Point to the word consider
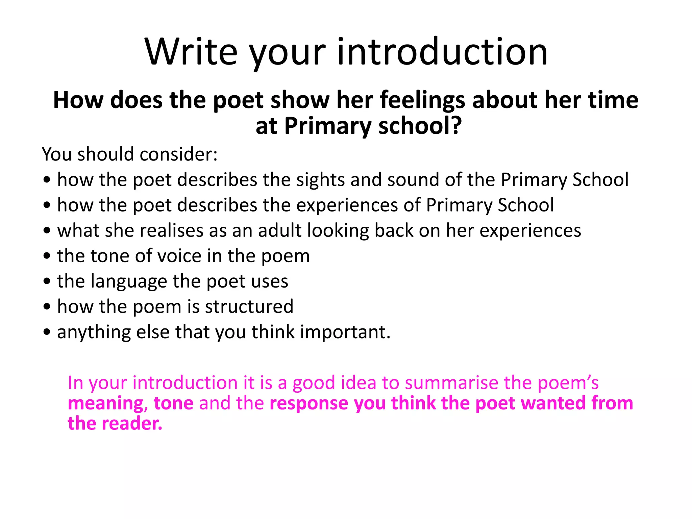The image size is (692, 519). pos(178,154)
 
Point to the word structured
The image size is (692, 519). pos(249,307)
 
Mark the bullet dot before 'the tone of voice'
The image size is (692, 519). pos(47,256)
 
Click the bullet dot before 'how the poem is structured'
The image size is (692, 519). pos(47,307)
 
